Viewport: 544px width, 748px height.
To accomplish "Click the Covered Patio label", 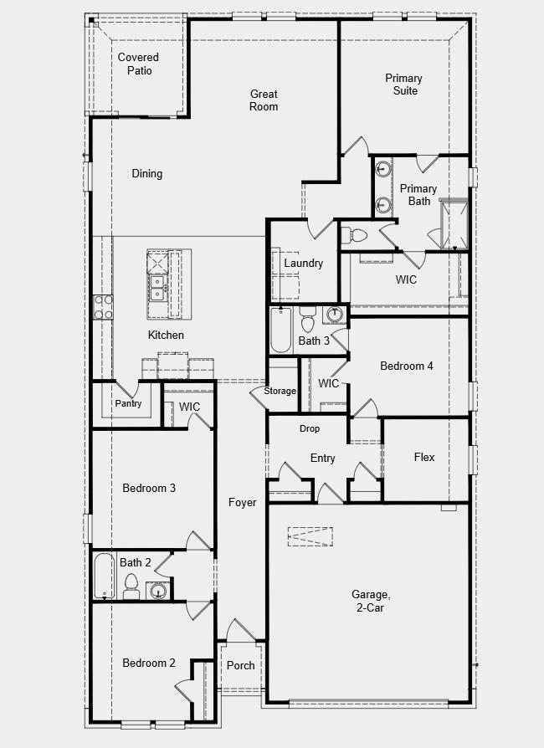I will tap(138, 64).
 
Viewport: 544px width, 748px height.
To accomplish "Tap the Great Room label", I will tap(264, 100).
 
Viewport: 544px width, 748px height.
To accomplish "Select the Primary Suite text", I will tap(404, 85).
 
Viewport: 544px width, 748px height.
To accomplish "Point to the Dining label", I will tap(147, 174).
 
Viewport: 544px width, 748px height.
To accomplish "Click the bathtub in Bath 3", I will tap(280, 330).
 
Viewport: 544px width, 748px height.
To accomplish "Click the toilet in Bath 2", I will tap(131, 587).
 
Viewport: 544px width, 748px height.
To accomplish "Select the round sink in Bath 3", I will tap(334, 316).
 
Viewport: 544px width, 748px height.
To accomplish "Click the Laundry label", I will tap(303, 264).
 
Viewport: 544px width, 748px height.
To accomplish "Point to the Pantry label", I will tap(128, 404).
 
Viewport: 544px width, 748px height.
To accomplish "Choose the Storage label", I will tap(280, 392).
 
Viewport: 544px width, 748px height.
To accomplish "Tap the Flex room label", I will tap(424, 458).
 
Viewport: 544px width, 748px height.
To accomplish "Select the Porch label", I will tap(241, 666).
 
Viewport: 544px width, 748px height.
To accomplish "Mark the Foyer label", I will tap(243, 503).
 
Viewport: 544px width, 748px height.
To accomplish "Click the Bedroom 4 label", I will tap(407, 366).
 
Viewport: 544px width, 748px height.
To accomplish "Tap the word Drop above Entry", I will tap(310, 429).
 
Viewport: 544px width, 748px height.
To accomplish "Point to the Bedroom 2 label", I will tap(149, 663).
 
